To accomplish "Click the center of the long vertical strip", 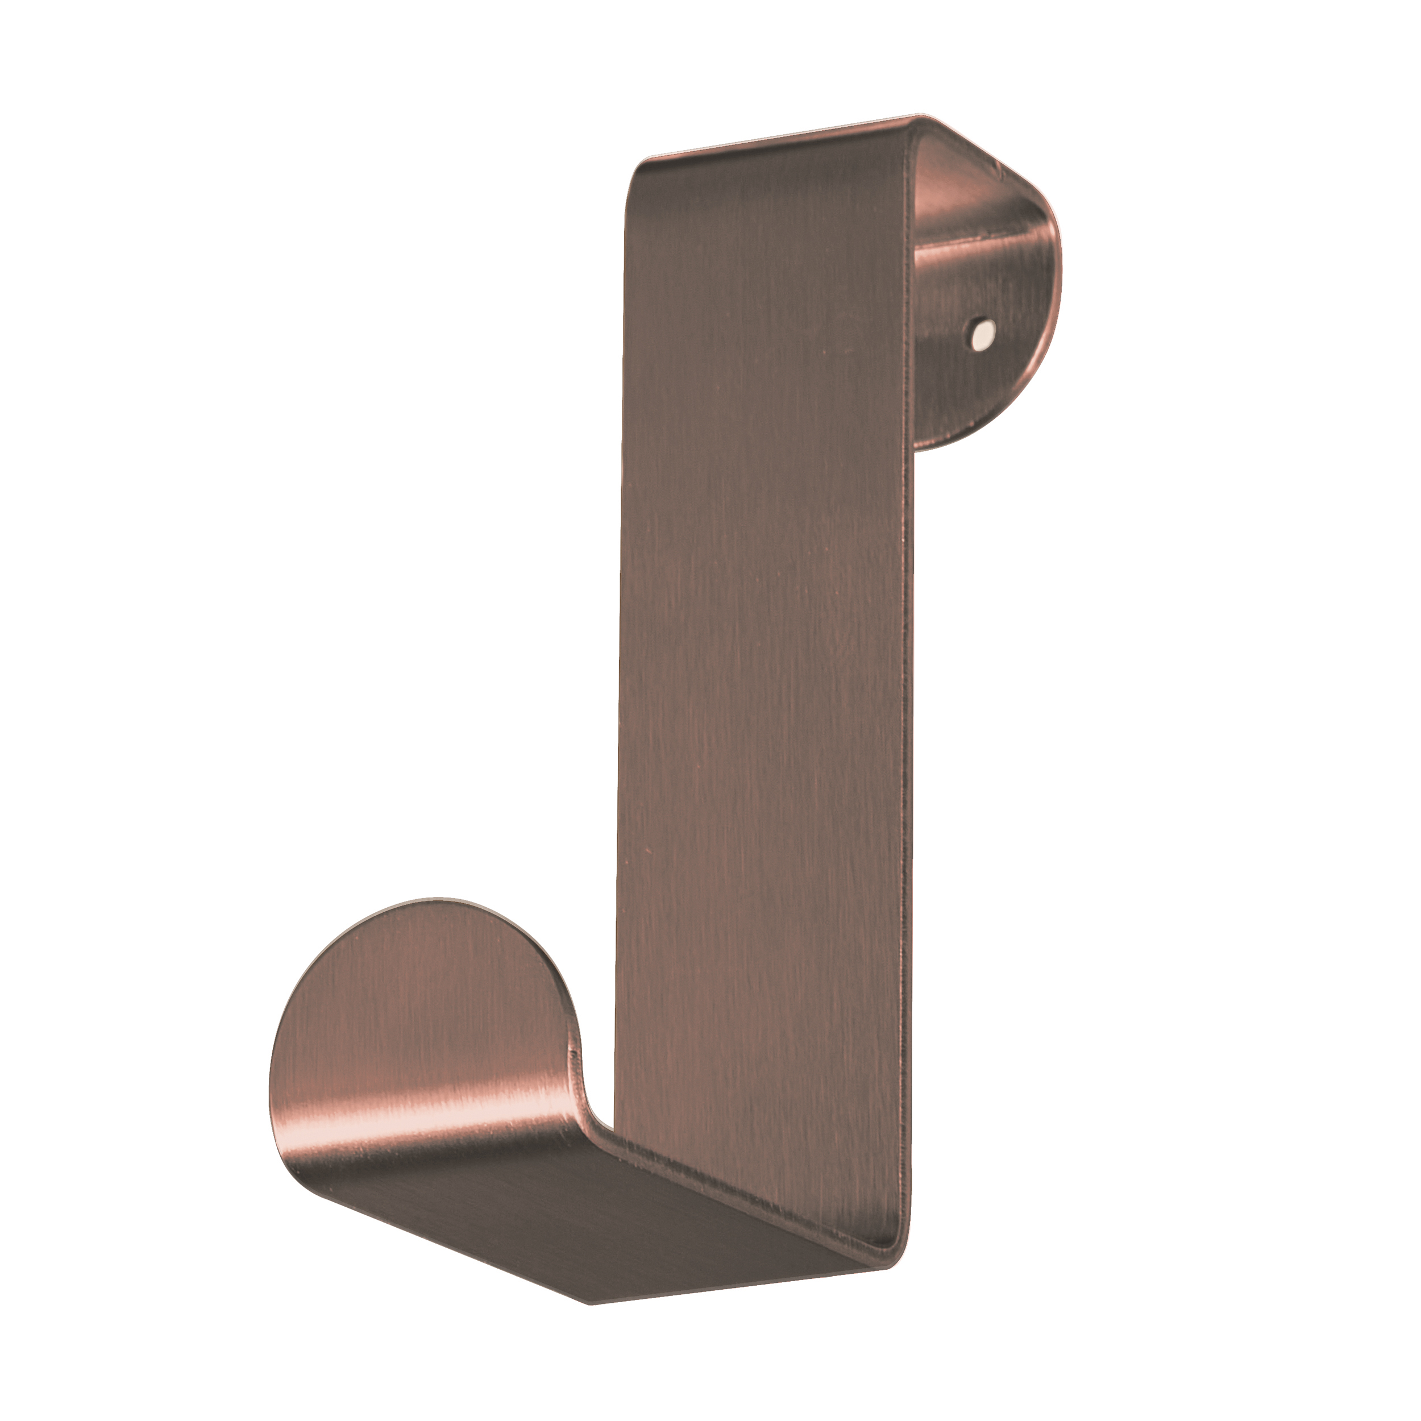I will point(765,662).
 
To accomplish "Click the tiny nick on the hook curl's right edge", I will point(573,1033).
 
